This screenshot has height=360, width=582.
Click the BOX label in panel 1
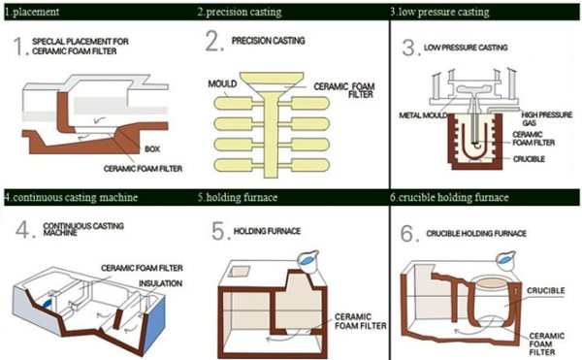pos(152,149)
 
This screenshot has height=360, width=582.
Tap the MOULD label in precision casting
pos(222,83)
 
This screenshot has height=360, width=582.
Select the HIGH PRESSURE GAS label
pos(546,118)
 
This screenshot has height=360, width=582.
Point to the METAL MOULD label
pos(423,115)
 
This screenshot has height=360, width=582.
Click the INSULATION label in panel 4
pos(160,283)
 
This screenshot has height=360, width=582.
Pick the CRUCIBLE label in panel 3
pos(529,159)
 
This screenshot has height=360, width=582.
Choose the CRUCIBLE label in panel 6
pos(545,290)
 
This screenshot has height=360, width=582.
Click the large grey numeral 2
pos(214,41)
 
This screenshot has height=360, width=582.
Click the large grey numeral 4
pos(25,229)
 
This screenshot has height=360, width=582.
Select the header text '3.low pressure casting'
pos(439,13)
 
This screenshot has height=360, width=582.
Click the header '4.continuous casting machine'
pos(71,197)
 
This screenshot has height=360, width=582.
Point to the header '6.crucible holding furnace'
pos(449,197)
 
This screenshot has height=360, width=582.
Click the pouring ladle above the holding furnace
pos(308,261)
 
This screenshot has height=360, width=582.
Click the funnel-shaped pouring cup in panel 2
pos(272,83)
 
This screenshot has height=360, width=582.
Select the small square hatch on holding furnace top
pos(239,272)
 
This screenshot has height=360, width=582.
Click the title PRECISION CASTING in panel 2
pos(269,41)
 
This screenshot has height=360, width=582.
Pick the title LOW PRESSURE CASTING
pos(466,48)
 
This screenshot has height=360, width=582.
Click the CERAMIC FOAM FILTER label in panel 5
pos(361,321)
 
